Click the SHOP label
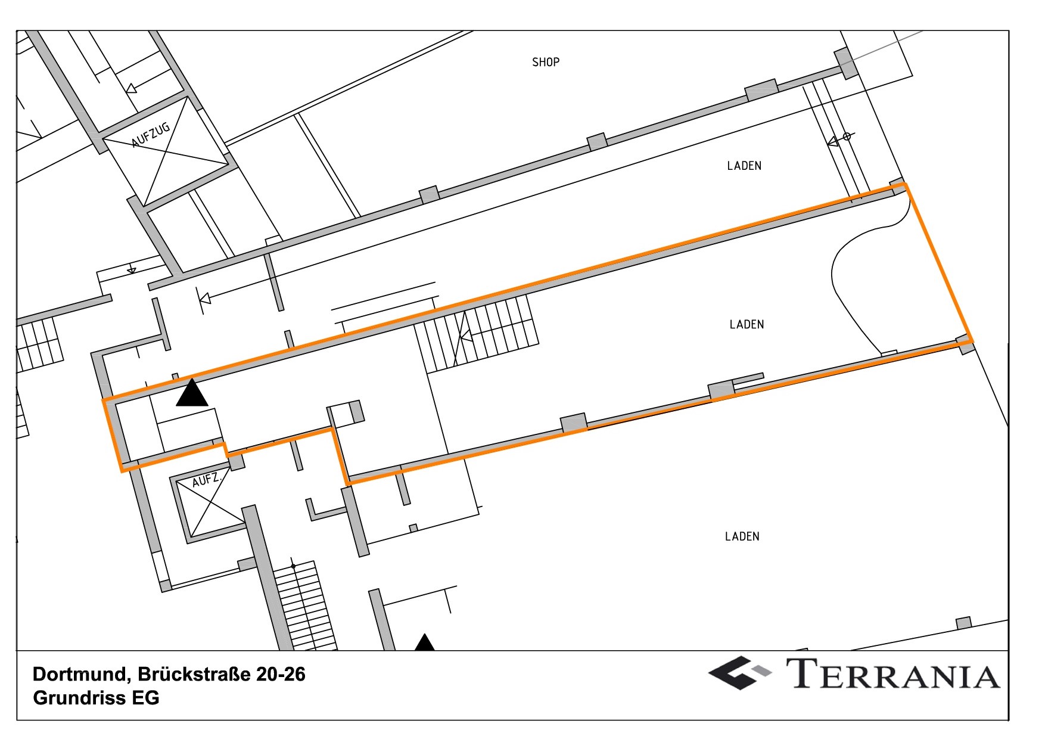point(545,62)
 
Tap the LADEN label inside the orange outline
point(747,324)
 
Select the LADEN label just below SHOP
point(744,166)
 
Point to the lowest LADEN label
point(742,536)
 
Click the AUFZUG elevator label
point(151,135)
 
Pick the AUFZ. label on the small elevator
point(207,479)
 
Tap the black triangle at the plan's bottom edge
point(424,642)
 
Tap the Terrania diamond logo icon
point(739,673)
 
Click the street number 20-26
point(281,674)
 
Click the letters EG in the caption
point(145,698)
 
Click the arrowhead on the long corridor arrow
point(204,298)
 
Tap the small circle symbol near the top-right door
point(847,136)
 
